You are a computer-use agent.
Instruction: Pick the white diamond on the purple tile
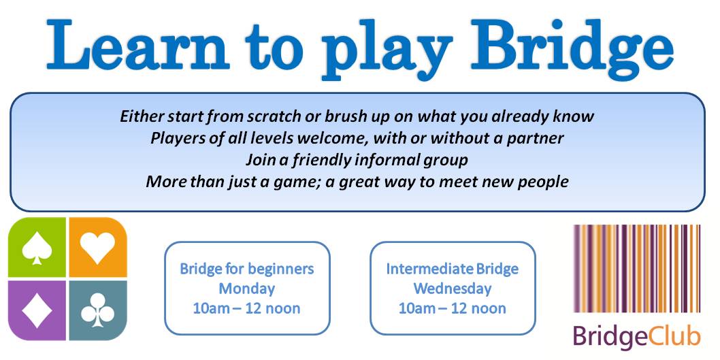click(37, 310)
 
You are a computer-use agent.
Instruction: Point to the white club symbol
click(97, 310)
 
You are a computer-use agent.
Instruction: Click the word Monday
click(247, 289)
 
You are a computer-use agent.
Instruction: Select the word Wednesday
click(453, 289)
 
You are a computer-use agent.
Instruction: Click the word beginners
click(282, 269)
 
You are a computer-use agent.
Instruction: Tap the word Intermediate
click(423, 269)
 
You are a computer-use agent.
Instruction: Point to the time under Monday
click(247, 308)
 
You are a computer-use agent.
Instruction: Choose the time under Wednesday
click(453, 308)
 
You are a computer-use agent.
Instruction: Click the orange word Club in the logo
click(674, 337)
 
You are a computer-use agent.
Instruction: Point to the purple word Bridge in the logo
click(610, 338)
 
